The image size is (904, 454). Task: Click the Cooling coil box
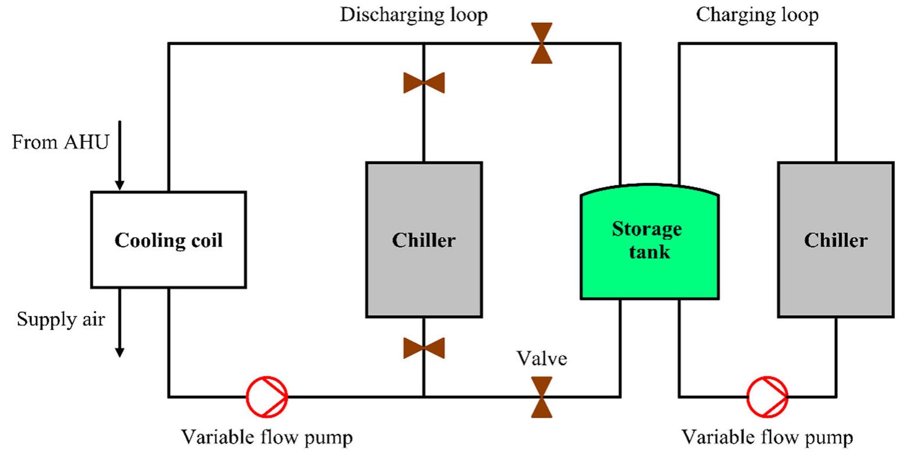tap(168, 239)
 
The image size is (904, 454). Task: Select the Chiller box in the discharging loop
tap(424, 239)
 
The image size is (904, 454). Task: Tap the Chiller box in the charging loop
tap(835, 239)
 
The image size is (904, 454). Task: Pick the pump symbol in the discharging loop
tap(266, 396)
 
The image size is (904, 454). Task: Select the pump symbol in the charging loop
tap(767, 396)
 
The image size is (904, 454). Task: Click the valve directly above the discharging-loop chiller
tap(424, 83)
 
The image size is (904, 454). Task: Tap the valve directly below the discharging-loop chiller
tap(424, 348)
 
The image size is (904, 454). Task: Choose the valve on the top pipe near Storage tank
tap(542, 43)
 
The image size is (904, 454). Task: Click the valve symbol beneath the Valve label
tap(542, 397)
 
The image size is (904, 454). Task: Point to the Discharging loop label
tap(413, 15)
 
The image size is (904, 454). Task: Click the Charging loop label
tap(757, 15)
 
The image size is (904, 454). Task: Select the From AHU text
tap(60, 142)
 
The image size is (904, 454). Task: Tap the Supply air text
tap(61, 319)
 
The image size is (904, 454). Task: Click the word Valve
tap(542, 359)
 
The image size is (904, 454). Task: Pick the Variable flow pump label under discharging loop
tap(267, 437)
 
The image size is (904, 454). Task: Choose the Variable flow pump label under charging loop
tap(767, 437)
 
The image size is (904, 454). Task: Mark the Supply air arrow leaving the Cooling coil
tap(119, 323)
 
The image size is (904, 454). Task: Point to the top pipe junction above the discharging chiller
tap(424, 43)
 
